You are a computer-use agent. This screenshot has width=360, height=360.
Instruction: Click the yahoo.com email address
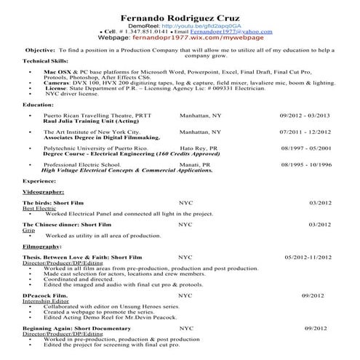pos(227,32)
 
